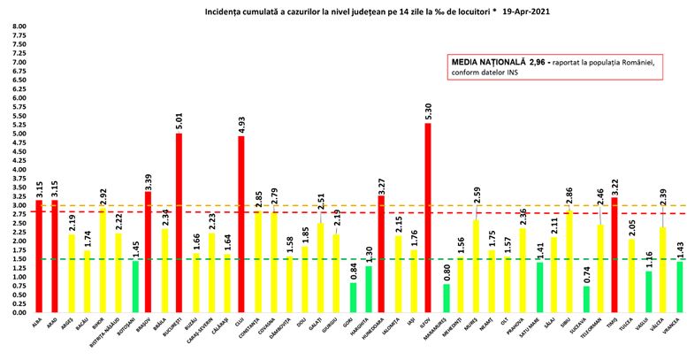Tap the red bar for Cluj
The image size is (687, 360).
(x=240, y=225)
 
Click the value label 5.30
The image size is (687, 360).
(x=428, y=112)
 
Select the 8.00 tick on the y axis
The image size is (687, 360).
(x=19, y=27)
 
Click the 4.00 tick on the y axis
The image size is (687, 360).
(x=19, y=170)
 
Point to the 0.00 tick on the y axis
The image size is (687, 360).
(x=19, y=313)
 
